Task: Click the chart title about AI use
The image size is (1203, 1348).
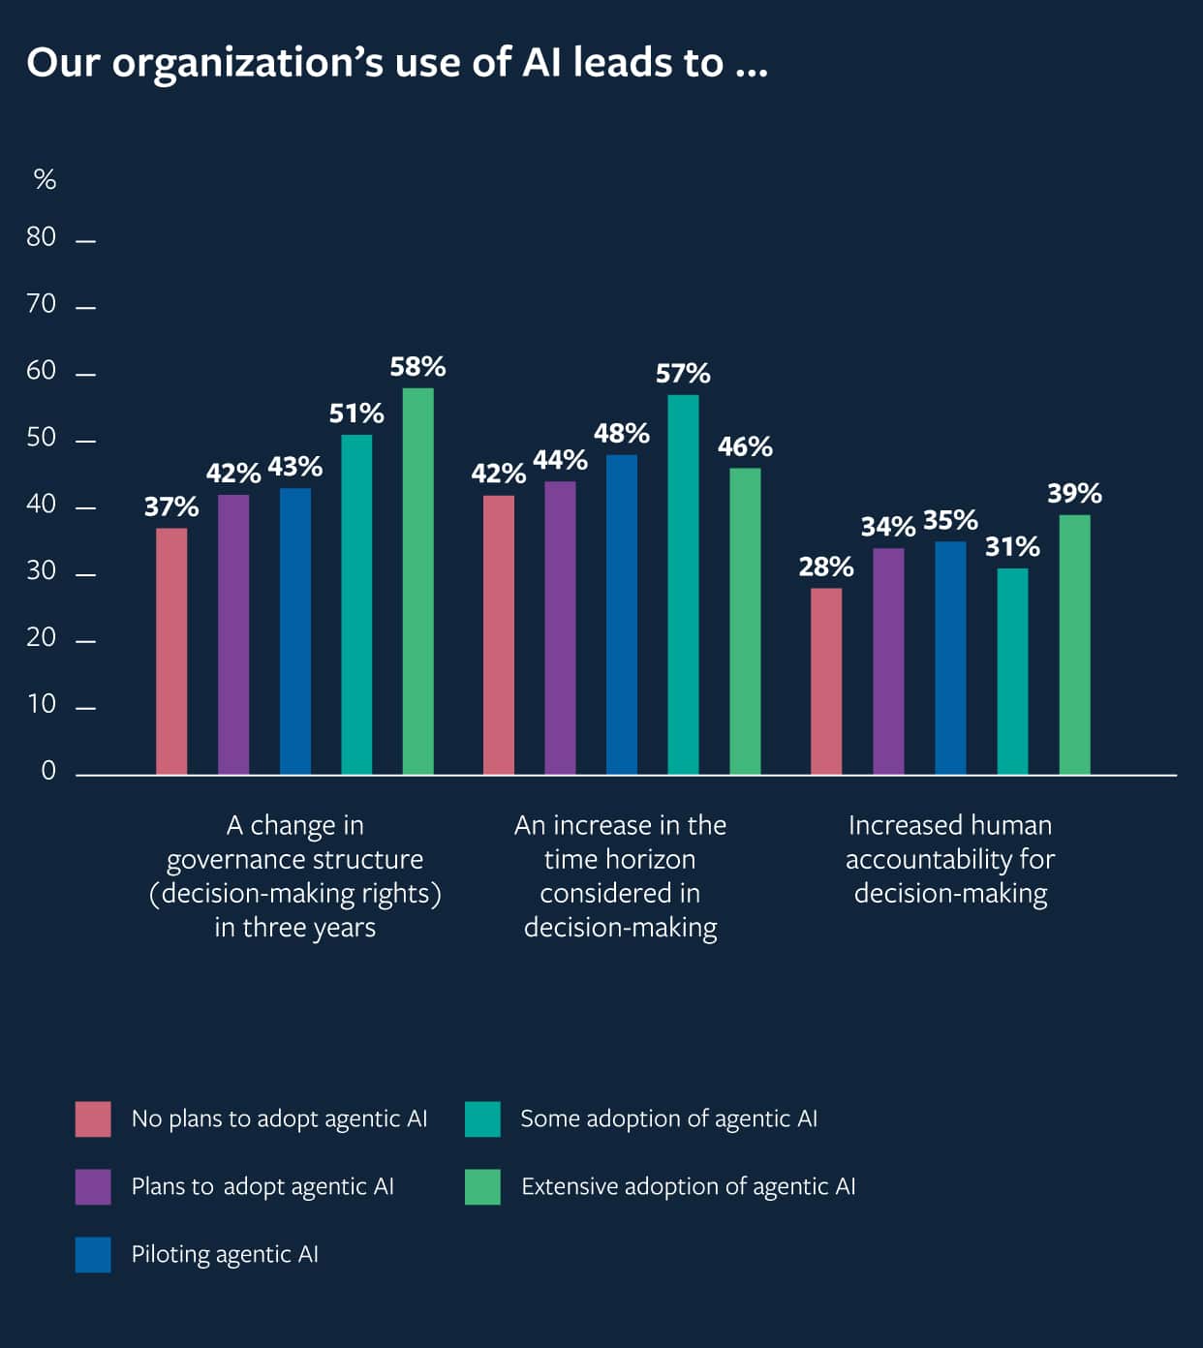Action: coord(397,63)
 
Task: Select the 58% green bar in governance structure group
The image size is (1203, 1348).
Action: coord(417,581)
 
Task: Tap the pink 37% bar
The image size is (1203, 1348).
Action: coord(171,651)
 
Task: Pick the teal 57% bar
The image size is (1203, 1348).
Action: coord(683,584)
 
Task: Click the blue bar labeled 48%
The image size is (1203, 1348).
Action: coord(621,614)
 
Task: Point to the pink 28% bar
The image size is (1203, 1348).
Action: coord(826,681)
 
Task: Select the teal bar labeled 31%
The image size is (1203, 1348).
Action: coord(1012,671)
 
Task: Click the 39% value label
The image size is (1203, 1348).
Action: coord(1074,494)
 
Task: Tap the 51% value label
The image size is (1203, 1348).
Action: coord(356,414)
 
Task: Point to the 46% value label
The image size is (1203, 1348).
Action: coord(745,446)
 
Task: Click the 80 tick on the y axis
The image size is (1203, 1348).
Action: coord(42,237)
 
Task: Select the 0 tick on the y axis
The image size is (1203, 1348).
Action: coord(48,771)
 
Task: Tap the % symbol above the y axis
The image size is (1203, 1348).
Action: coord(45,179)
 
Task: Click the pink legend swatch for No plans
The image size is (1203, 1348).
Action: coord(93,1118)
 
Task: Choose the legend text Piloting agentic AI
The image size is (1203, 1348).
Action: coord(225,1254)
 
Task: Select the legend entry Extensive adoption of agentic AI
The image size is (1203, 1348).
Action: coord(688,1186)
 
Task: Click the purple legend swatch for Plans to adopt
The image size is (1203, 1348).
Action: coord(93,1186)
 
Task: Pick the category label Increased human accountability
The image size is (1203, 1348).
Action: coord(950,859)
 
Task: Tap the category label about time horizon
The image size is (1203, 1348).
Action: coord(620,876)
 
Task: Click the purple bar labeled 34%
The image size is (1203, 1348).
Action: coord(888,661)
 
